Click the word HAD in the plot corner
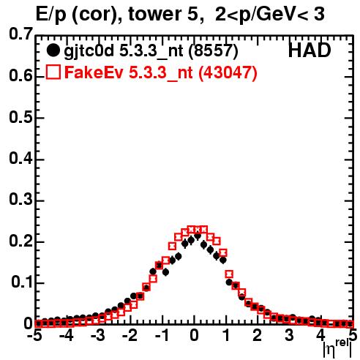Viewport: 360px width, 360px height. [x=310, y=50]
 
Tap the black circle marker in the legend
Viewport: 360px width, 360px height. [x=53, y=50]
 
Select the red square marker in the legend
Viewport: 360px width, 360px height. [x=53, y=72]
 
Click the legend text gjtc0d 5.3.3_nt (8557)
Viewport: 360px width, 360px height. [x=151, y=51]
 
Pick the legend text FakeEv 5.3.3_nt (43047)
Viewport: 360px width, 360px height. [x=161, y=72]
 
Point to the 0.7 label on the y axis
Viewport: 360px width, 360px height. [x=21, y=34]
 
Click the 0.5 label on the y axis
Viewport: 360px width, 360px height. [x=21, y=117]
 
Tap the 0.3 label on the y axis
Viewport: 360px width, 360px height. [x=21, y=200]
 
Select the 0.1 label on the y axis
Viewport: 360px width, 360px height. [x=22, y=282]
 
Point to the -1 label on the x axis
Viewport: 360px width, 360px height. [x=162, y=335]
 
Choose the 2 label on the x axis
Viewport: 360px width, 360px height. [x=258, y=335]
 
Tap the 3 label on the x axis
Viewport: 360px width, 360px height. [x=289, y=335]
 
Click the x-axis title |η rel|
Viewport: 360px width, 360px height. [x=337, y=349]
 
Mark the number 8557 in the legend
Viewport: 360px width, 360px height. [x=212, y=51]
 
